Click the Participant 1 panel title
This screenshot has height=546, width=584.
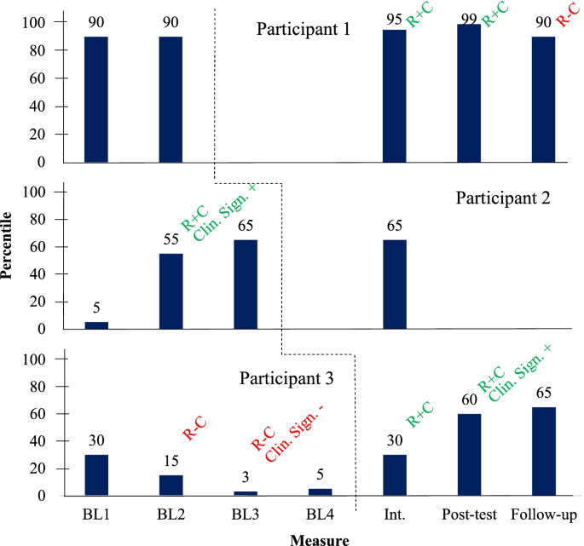coord(304,30)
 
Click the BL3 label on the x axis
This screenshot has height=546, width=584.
coord(246,514)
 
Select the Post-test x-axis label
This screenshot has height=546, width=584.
coord(469,514)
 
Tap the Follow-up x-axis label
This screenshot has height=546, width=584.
coord(544,514)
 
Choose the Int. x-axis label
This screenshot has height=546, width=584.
coord(394,514)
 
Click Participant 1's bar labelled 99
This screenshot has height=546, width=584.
coord(469,93)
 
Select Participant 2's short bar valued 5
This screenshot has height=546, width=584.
coord(96,325)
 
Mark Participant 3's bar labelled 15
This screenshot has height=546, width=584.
coord(171,486)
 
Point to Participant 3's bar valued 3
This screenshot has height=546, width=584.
coord(246,493)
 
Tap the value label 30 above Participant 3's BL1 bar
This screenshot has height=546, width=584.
coord(96,441)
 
